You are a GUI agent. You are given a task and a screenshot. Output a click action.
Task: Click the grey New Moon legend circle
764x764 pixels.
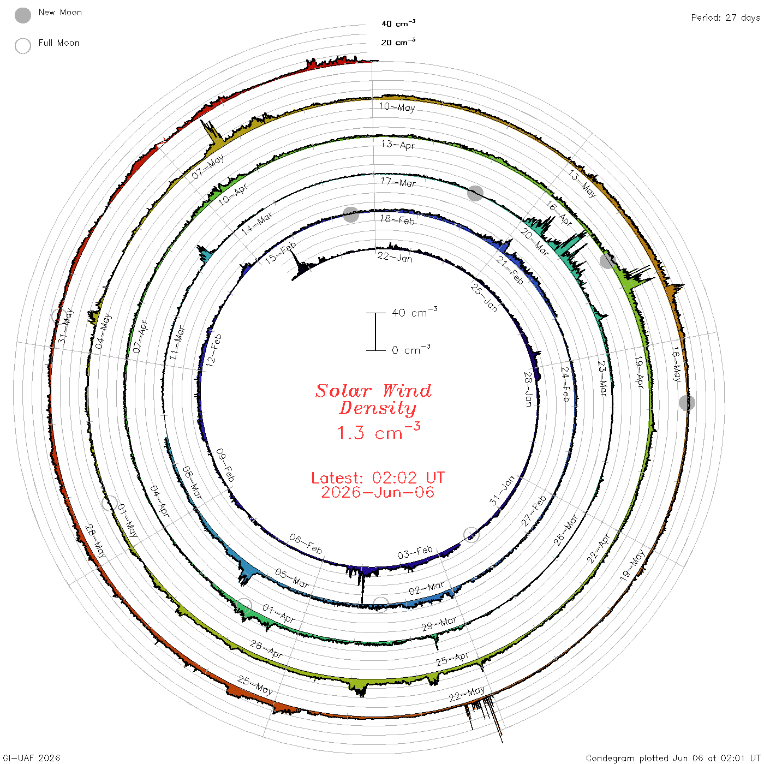23,15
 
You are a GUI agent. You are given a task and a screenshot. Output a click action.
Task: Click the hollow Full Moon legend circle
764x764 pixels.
23,46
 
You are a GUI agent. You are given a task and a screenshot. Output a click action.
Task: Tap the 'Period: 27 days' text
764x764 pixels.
725,18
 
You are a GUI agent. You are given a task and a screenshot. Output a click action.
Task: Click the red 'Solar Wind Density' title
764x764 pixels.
373,399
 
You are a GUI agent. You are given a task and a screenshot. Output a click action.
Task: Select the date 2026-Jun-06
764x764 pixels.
378,492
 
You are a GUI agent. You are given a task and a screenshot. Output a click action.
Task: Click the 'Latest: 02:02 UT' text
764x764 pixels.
378,477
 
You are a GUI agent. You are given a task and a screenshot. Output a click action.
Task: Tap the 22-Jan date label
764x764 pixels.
395,258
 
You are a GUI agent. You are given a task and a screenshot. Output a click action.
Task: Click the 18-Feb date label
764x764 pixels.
397,219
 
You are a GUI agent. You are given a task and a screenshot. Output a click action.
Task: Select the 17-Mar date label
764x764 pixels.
398,182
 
